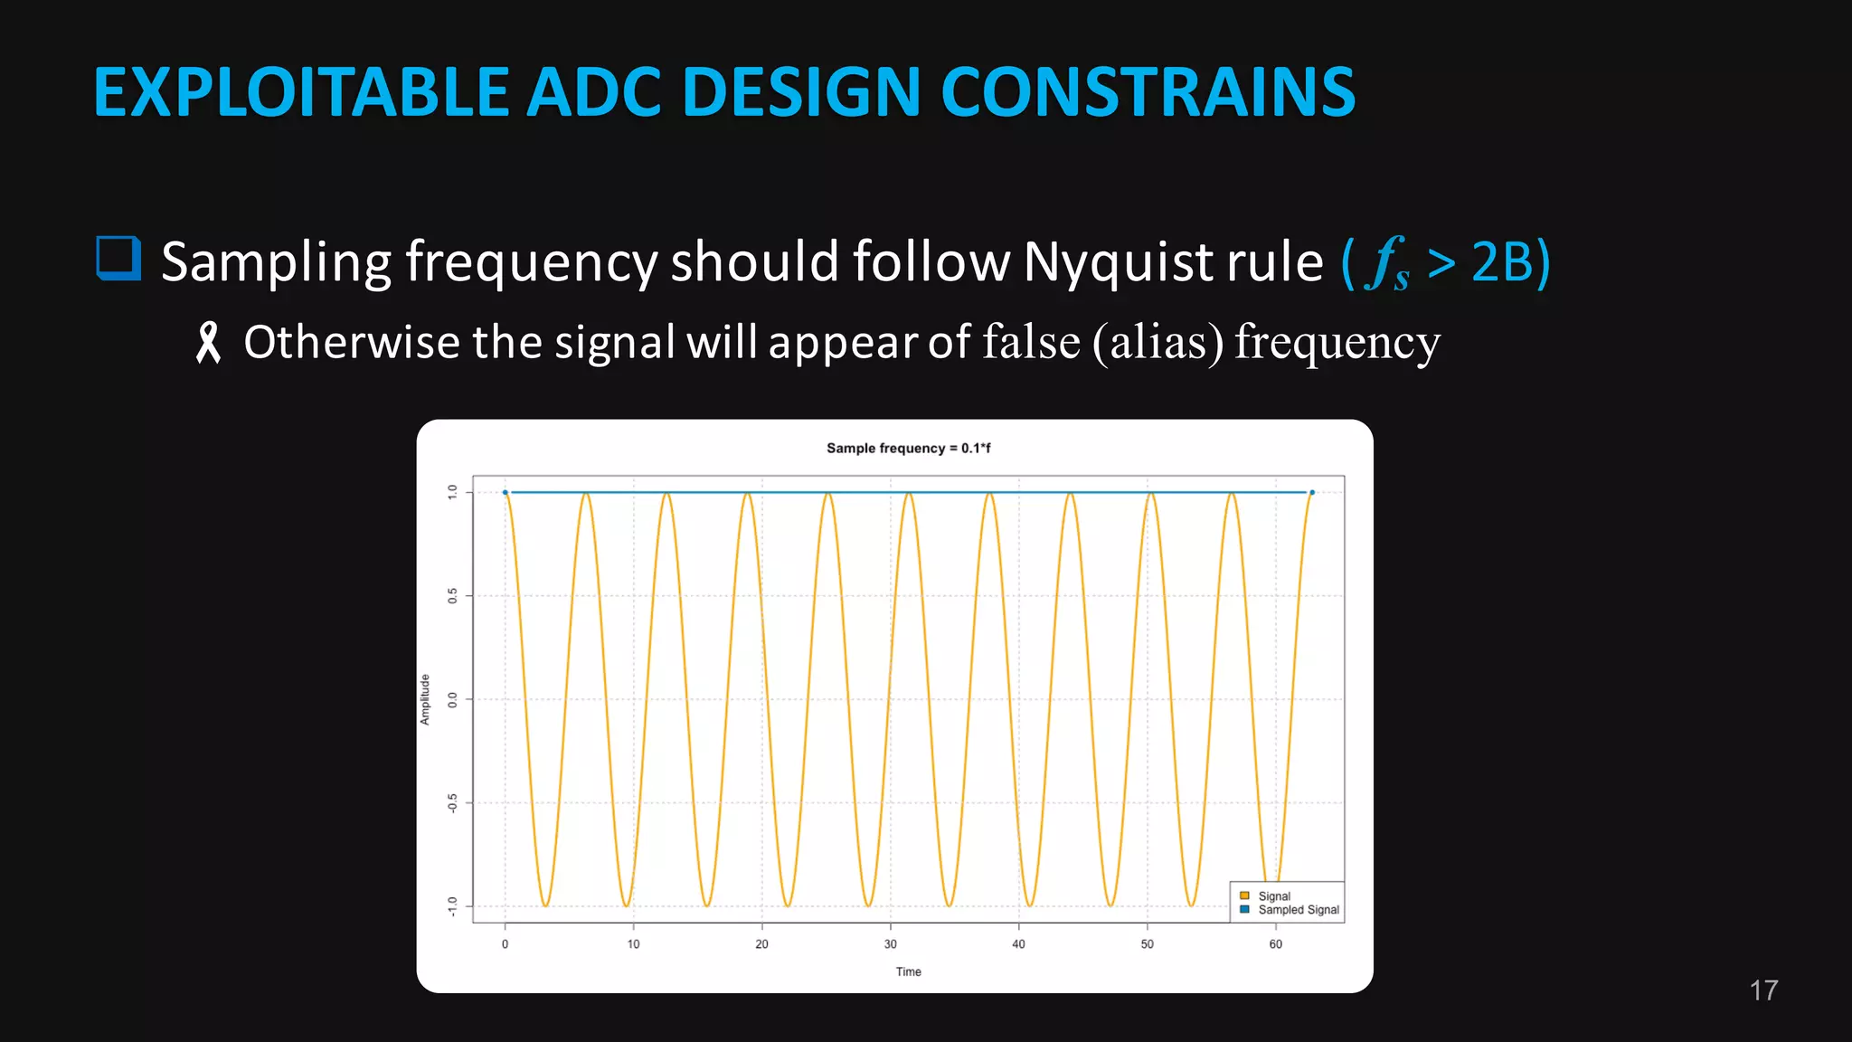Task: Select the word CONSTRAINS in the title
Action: point(1148,92)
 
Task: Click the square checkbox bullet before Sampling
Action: point(118,259)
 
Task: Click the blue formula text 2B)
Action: point(1511,263)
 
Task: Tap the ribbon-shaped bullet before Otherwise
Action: point(209,343)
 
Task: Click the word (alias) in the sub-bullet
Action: point(1157,342)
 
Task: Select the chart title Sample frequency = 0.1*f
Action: point(908,448)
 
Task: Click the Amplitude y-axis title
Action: point(425,699)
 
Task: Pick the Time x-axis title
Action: point(908,971)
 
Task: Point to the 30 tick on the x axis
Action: point(890,943)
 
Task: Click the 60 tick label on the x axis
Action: point(1275,943)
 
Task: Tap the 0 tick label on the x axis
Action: point(505,943)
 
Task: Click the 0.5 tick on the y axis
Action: point(452,595)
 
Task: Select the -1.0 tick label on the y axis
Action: point(452,905)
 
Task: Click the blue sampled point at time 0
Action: point(505,493)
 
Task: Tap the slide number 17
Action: point(1762,990)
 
